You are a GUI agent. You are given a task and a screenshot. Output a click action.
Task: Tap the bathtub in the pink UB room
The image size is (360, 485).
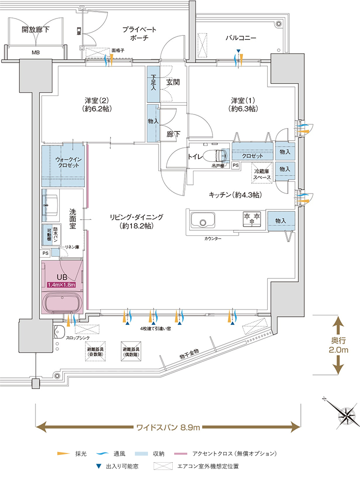click(x=65, y=303)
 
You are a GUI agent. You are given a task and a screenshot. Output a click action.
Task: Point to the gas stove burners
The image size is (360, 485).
click(x=251, y=219)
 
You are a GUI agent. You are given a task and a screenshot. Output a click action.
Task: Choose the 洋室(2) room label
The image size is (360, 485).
click(x=98, y=104)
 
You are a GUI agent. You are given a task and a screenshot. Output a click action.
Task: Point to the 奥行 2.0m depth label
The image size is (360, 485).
click(x=338, y=344)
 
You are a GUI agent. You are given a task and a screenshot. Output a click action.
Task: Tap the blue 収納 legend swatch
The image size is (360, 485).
click(x=143, y=454)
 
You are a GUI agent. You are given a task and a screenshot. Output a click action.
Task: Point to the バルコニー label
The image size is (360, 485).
click(x=240, y=38)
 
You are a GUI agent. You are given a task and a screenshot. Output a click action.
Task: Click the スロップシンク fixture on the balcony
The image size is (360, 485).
click(x=60, y=332)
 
